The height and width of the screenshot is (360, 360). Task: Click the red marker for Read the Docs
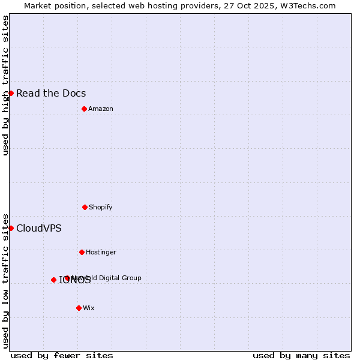point(11,93)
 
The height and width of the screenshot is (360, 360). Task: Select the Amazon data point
point(84,109)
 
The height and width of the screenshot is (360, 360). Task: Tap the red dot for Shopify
point(85,207)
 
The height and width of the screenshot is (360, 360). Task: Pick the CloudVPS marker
point(11,228)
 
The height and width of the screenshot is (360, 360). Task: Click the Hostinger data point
point(82,252)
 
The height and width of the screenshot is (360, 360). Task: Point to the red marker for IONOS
point(53,280)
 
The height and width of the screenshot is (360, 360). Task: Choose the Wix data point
point(79,308)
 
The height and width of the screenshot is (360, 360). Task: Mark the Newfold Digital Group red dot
point(67,278)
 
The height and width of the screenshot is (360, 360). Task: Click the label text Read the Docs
point(51,93)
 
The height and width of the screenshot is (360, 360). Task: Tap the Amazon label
point(101,109)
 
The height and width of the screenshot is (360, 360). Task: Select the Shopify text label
point(101,207)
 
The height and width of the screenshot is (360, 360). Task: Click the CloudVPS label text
point(38,228)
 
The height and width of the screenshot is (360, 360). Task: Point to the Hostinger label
point(101,252)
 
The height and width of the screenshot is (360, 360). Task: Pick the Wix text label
point(89,308)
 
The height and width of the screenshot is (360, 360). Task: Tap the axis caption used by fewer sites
point(62,355)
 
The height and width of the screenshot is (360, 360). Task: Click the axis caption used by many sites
point(301,355)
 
